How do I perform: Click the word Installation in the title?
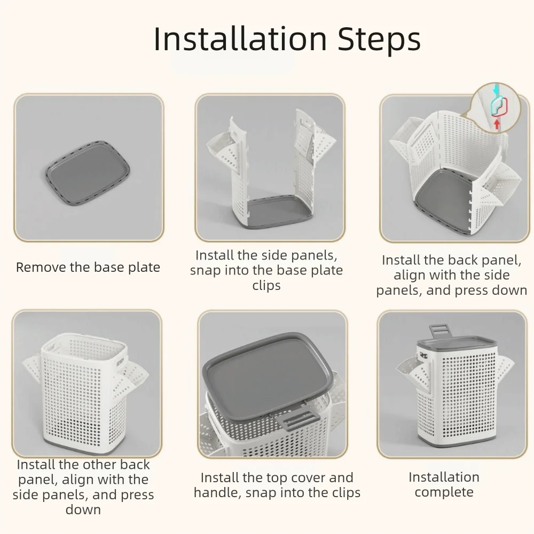click(x=240, y=39)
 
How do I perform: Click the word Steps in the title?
click(x=379, y=41)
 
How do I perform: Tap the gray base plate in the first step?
click(x=88, y=172)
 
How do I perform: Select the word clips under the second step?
click(x=266, y=285)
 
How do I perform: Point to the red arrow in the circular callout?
click(x=497, y=123)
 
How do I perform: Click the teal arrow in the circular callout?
click(x=498, y=89)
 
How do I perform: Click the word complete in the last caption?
click(x=444, y=492)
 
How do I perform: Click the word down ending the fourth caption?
click(x=83, y=510)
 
